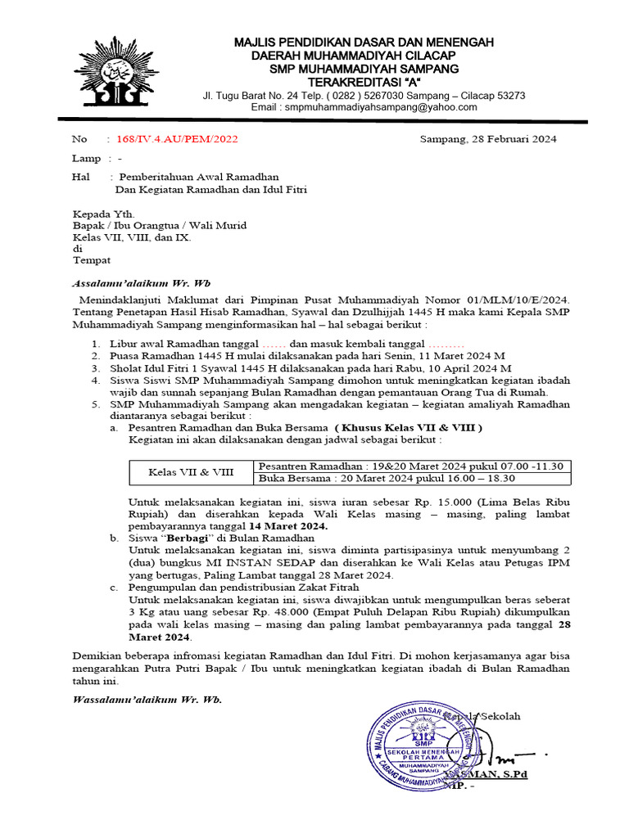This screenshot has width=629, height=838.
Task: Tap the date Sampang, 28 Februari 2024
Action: [488, 139]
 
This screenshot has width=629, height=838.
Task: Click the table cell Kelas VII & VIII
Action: [191, 472]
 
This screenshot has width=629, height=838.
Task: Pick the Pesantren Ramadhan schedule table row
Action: [410, 466]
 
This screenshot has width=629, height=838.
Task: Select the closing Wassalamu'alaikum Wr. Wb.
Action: [147, 700]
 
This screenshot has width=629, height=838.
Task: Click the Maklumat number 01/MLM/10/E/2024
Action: [508, 300]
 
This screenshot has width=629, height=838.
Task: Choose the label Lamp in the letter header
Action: [87, 158]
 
